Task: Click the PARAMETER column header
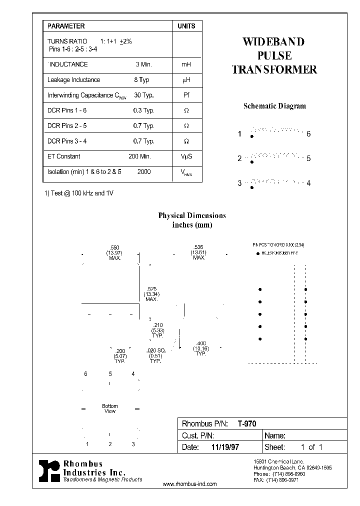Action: (66, 26)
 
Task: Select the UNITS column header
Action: (186, 26)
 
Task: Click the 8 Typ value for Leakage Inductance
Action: (141, 80)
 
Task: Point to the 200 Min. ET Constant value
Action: (139, 156)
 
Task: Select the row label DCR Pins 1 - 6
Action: (67, 110)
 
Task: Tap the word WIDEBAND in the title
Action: (273, 42)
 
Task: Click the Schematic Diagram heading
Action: (274, 106)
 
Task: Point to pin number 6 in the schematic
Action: (308, 134)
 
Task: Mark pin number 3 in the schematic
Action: (239, 183)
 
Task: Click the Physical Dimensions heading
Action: (192, 216)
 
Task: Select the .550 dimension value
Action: (114, 247)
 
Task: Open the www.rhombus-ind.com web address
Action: (190, 484)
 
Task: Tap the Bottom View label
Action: (110, 408)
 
